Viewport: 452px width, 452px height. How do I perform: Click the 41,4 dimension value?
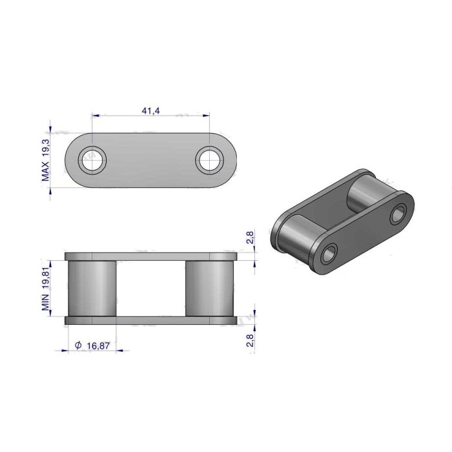[150, 111]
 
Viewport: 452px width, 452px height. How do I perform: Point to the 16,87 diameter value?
[96, 346]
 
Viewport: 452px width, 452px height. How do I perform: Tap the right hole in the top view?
[209, 159]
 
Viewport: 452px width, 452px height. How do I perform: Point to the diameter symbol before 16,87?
[78, 346]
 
